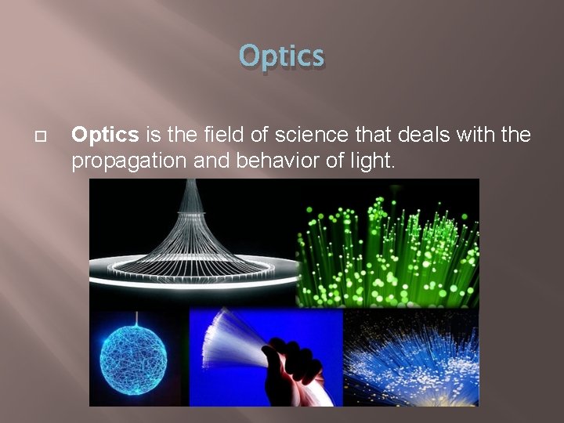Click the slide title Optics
coord(281,56)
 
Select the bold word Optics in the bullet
coord(105,136)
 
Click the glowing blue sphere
coord(136,360)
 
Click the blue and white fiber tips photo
coord(411,357)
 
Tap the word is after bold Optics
coord(153,136)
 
